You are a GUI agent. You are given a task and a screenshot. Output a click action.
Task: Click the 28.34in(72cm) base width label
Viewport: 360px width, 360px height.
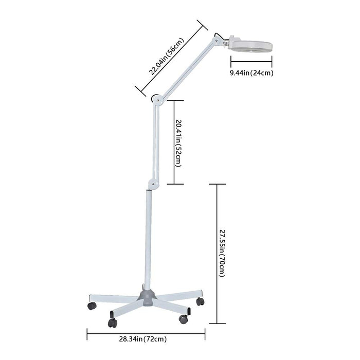(143, 339)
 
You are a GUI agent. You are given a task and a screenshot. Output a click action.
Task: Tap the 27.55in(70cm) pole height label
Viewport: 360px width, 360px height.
(222, 254)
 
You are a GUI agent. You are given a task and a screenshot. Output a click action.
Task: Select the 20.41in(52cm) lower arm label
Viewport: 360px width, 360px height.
(178, 143)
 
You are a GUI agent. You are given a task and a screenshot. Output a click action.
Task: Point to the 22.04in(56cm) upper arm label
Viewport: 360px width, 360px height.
(167, 57)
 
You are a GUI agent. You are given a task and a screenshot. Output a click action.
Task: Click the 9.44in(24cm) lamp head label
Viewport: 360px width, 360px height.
(251, 73)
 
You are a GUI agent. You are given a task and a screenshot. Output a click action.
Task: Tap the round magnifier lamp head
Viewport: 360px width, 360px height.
(251, 45)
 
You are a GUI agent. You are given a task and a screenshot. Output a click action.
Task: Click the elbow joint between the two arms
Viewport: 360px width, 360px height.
(157, 99)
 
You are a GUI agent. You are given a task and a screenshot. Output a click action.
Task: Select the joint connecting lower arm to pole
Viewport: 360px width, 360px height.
(152, 184)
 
